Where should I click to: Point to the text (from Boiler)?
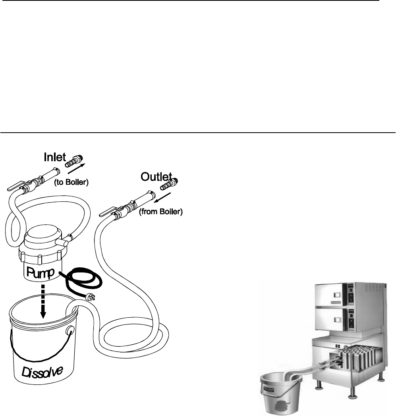(160, 212)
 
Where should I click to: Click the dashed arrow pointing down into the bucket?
(43, 302)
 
